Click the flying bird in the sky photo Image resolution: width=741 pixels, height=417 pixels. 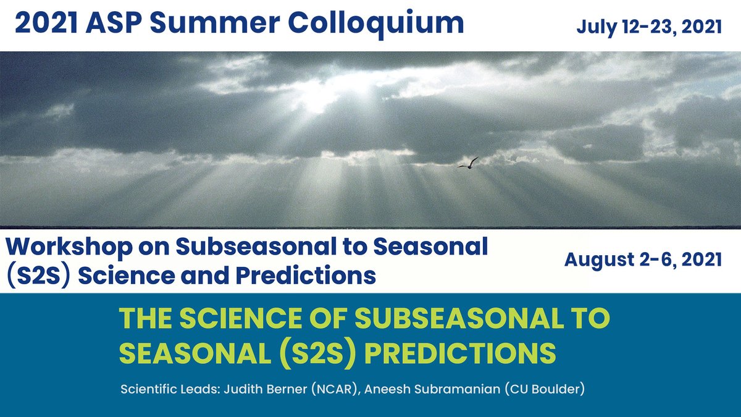point(469,163)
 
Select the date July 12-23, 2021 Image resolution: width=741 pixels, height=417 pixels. point(649,27)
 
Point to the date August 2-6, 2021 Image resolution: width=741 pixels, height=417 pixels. point(643,259)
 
